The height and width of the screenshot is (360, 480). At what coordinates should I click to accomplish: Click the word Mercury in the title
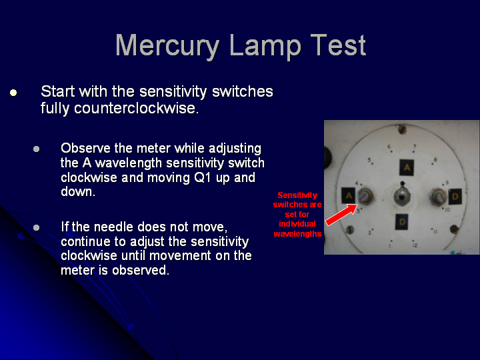[167, 46]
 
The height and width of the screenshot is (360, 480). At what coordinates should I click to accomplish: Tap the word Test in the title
[338, 45]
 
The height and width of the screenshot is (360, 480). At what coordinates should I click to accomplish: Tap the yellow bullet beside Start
[13, 93]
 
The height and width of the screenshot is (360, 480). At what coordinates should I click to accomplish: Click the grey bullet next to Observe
[37, 149]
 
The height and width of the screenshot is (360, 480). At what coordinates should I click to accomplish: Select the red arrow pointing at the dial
[341, 215]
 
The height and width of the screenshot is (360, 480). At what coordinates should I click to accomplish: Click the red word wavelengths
[297, 234]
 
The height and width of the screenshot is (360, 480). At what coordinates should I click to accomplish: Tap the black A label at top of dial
[407, 167]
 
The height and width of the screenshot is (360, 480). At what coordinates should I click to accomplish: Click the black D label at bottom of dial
[402, 221]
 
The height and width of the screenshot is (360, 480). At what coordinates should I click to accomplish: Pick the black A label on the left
[349, 195]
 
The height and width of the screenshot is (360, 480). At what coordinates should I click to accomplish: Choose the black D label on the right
[455, 197]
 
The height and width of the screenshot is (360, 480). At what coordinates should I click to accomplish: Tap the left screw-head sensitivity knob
[365, 196]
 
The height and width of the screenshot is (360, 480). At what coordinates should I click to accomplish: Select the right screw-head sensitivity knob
[439, 196]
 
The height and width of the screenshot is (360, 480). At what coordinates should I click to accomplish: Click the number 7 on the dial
[415, 147]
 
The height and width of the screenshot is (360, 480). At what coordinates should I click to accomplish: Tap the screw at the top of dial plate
[402, 130]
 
